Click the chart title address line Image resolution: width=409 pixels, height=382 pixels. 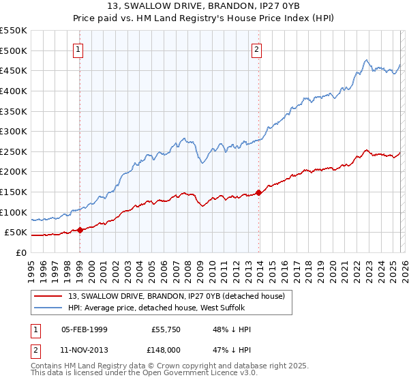(204, 8)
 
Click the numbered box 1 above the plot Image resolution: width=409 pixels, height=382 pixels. (79, 49)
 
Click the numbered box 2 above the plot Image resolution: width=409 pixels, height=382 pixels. (257, 49)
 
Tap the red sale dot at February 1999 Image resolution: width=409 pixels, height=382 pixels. (80, 230)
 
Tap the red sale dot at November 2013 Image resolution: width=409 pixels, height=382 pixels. (258, 192)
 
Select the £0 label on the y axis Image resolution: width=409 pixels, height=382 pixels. (21, 252)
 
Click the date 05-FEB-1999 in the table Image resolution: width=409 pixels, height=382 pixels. (85, 329)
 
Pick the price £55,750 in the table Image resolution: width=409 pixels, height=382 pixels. (166, 329)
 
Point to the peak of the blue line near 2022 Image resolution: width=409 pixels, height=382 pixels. (366, 60)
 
